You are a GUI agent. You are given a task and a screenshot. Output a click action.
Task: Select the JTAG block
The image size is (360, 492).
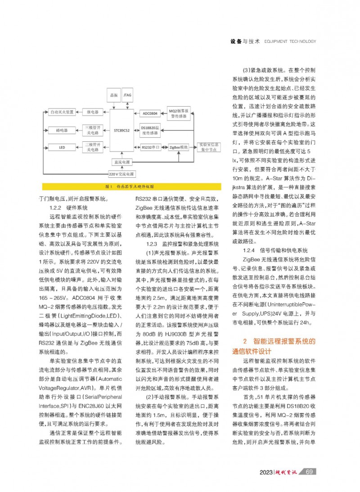pyautogui.click(x=127, y=95)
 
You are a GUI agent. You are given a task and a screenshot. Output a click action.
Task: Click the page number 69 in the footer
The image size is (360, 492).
pyautogui.click(x=309, y=471)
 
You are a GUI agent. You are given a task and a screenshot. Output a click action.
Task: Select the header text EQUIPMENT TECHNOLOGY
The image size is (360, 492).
pyautogui.click(x=290, y=41)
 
